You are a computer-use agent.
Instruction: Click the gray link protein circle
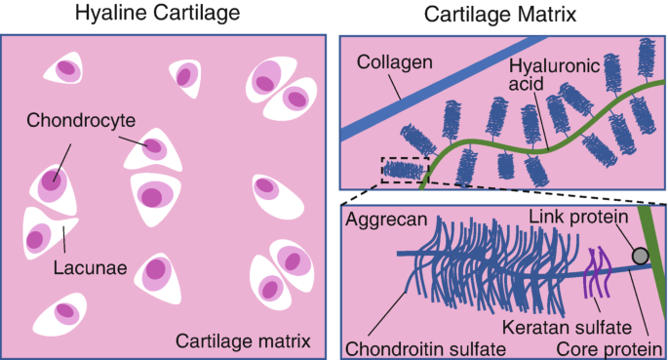[640, 256]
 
